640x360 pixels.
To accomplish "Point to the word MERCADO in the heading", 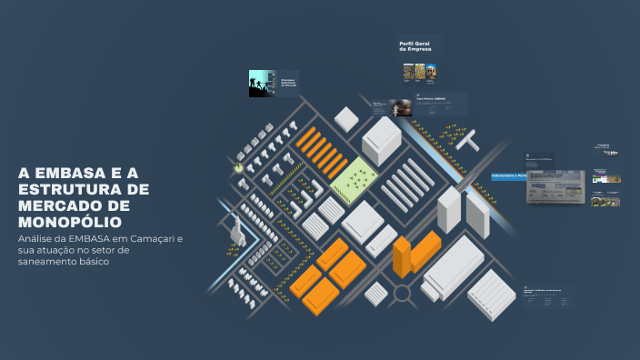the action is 55,205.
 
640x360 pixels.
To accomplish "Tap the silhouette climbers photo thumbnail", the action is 263,84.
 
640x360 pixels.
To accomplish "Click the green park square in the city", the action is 355,179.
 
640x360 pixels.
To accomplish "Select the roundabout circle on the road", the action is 401,293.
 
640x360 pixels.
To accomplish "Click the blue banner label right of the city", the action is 508,175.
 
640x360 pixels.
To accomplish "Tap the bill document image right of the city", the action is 556,185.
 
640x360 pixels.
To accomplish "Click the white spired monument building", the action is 234,225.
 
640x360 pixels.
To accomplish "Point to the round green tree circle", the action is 239,167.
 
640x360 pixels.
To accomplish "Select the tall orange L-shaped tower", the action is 403,256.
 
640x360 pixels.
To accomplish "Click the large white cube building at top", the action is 381,140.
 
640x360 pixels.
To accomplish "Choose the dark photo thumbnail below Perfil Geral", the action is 401,107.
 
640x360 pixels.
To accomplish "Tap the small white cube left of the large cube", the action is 345,118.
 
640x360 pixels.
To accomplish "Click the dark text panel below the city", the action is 548,298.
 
